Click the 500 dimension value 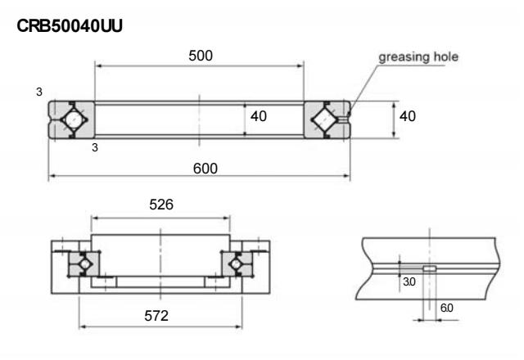pyautogui.click(x=200, y=56)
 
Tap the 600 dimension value pyautogui.click(x=200, y=167)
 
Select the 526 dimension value pyautogui.click(x=161, y=208)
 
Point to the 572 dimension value pyautogui.click(x=161, y=315)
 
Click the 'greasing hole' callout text pyautogui.click(x=418, y=56)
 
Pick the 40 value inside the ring pyautogui.click(x=258, y=116)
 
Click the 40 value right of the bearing pyautogui.click(x=407, y=116)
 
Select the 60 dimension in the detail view pyautogui.click(x=445, y=309)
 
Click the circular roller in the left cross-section pyautogui.click(x=72, y=119)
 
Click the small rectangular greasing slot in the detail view pyautogui.click(x=428, y=268)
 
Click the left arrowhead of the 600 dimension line pyautogui.click(x=51, y=176)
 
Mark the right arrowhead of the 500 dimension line pyautogui.click(x=302, y=65)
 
